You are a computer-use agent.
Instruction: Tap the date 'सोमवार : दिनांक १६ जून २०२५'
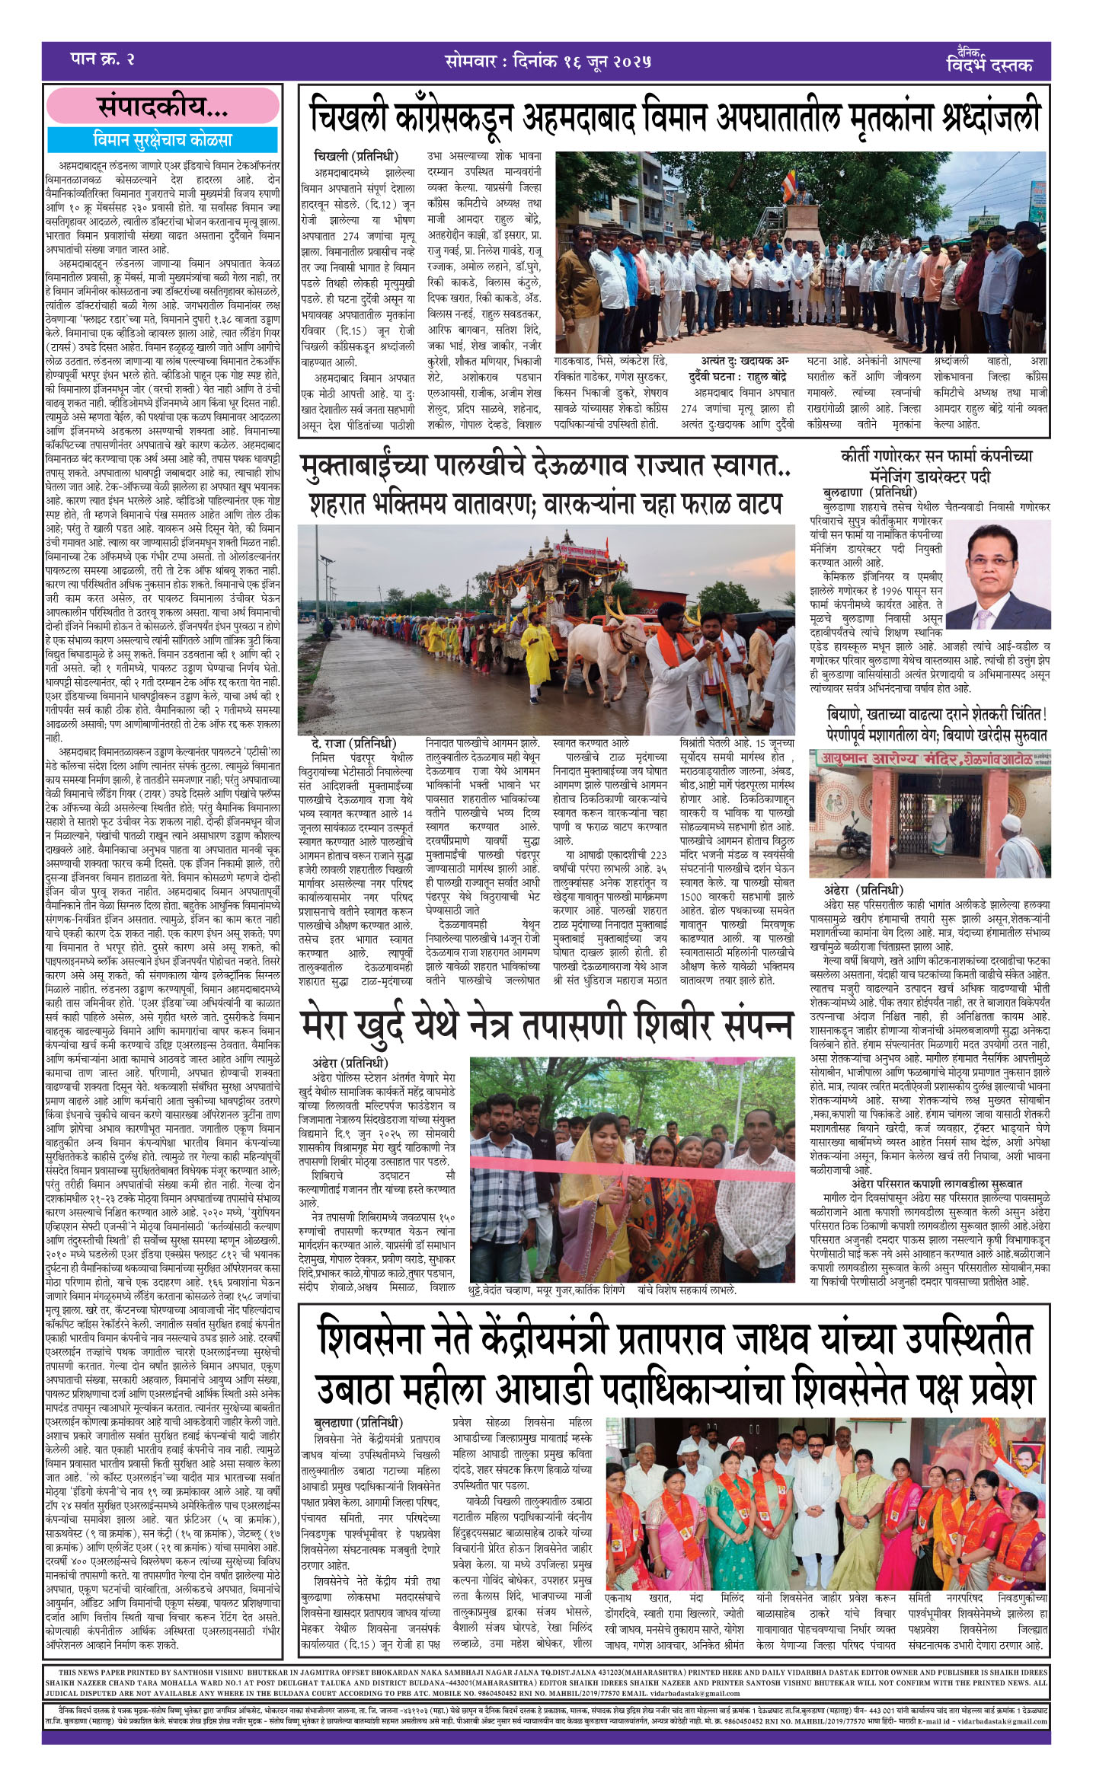point(547,62)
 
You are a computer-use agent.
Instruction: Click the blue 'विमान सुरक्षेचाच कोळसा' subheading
point(162,141)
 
